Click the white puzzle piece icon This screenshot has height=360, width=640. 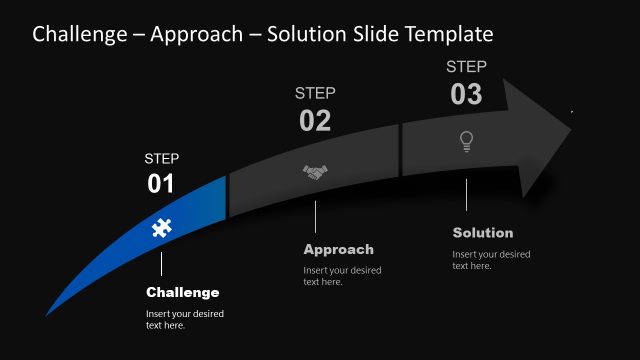(x=161, y=228)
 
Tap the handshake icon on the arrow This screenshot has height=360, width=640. (x=315, y=173)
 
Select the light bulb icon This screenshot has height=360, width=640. (x=465, y=141)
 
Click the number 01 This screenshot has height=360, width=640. (x=161, y=184)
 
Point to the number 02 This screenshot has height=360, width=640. (x=315, y=121)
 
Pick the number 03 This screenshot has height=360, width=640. (x=466, y=95)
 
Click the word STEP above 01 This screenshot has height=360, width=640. (x=162, y=158)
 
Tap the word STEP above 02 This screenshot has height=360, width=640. (x=315, y=93)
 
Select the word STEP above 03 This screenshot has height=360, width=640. (x=466, y=67)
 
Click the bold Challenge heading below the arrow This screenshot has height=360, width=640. (x=182, y=293)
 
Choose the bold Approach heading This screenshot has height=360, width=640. (x=338, y=250)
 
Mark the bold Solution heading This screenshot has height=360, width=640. (x=482, y=233)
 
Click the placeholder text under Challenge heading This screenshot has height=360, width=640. (x=185, y=319)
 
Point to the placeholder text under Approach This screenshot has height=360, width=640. (x=342, y=276)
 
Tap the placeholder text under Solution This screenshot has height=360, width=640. (x=491, y=260)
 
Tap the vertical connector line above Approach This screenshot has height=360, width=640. (x=315, y=217)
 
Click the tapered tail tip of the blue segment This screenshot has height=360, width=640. (x=48, y=314)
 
